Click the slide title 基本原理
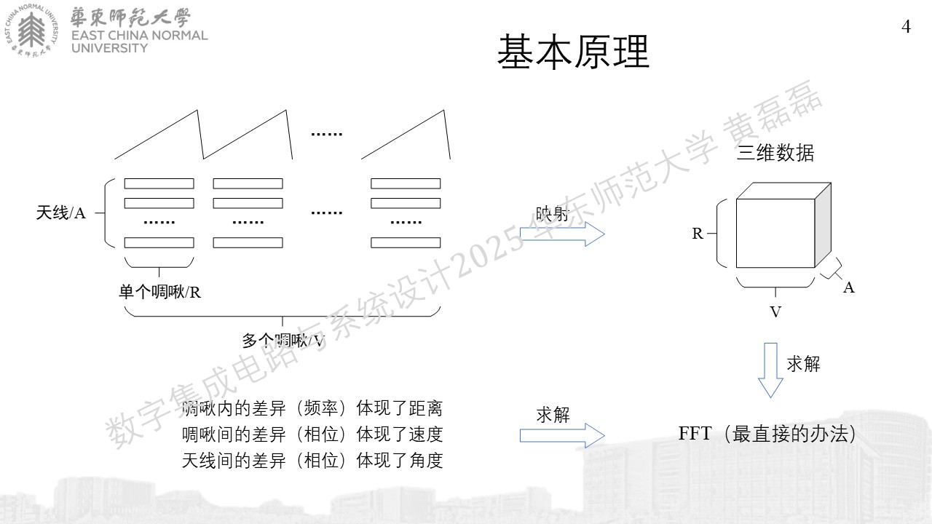pyautogui.click(x=573, y=52)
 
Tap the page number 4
pyautogui.click(x=907, y=27)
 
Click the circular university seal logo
pyautogui.click(x=31, y=31)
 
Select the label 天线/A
pyautogui.click(x=60, y=213)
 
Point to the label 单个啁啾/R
pyautogui.click(x=159, y=292)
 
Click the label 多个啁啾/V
pyautogui.click(x=283, y=341)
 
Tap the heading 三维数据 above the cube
pyautogui.click(x=775, y=153)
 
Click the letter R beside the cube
pyautogui.click(x=698, y=234)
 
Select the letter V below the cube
pyautogui.click(x=775, y=312)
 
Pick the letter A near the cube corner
pyautogui.click(x=849, y=287)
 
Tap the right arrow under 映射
pyautogui.click(x=562, y=234)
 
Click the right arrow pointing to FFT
pyautogui.click(x=562, y=435)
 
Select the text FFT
pyautogui.click(x=695, y=433)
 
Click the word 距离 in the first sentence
pyautogui.click(x=426, y=408)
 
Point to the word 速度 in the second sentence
pyautogui.click(x=426, y=434)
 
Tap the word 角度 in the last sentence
pyautogui.click(x=426, y=461)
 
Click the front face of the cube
pyautogui.click(x=775, y=234)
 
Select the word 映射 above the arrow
pyautogui.click(x=553, y=214)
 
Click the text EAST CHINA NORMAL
pyautogui.click(x=139, y=36)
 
